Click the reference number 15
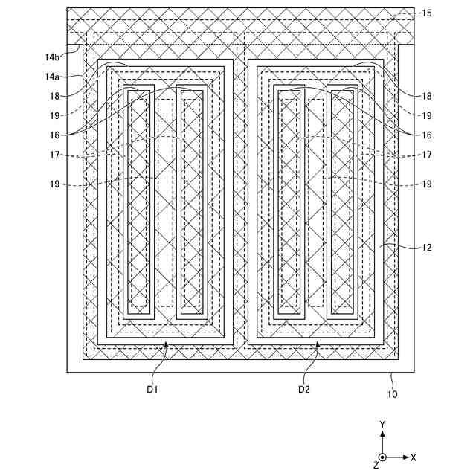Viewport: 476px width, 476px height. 425,13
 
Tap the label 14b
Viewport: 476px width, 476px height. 51,54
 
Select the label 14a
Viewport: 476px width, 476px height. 51,77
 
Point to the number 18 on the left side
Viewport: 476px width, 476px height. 54,96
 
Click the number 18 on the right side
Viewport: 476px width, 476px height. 426,96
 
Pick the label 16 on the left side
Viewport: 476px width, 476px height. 54,135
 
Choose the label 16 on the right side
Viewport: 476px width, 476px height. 426,135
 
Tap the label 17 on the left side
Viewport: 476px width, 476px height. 54,155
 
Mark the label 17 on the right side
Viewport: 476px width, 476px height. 426,155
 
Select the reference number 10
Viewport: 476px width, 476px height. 392,394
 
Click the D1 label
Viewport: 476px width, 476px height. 152,389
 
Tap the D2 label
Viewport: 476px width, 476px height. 304,389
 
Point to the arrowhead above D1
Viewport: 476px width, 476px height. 167,344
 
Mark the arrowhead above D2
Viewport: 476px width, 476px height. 318,344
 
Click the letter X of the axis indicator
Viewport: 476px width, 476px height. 414,457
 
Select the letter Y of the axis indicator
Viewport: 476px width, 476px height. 382,424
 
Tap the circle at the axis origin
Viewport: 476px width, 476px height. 382,457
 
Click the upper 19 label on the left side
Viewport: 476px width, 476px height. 54,115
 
